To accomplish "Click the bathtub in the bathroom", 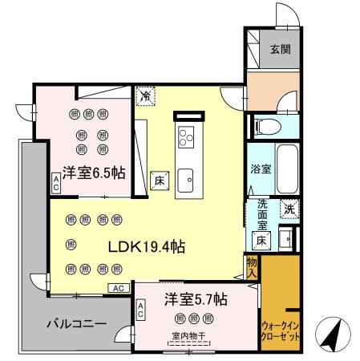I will pos(285,168).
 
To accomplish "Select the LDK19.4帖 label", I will pos(147,247).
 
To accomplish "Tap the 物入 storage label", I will pos(251,267).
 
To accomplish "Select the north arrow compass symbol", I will pos(332,331).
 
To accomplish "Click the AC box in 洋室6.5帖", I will pos(56,184).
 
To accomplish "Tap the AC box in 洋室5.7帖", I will pos(141,309).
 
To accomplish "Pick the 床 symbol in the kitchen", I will pos(157,180).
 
